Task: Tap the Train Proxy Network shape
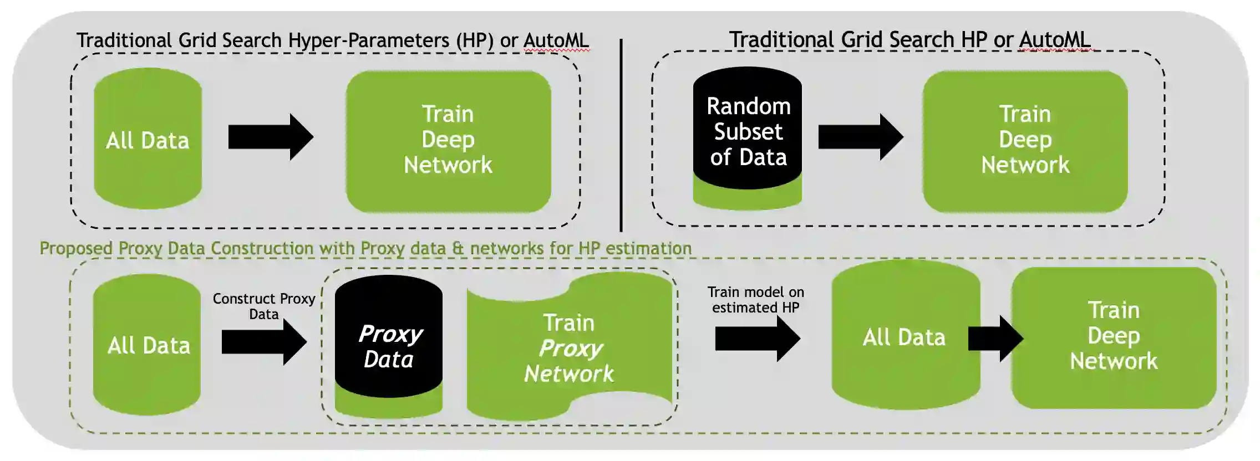tap(570, 346)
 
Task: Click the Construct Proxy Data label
tap(264, 306)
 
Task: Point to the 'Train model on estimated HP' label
tap(756, 300)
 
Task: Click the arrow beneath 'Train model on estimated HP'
tap(758, 338)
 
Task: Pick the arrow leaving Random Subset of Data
tap(861, 137)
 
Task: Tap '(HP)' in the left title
tap(475, 40)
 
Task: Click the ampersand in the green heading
tap(458, 248)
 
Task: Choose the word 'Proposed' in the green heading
tap(76, 249)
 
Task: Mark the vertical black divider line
tap(621, 135)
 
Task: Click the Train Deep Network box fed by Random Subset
tap(1025, 141)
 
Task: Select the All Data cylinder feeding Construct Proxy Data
tap(147, 345)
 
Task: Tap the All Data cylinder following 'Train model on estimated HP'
tap(906, 335)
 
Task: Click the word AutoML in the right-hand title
tap(1055, 40)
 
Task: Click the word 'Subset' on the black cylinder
tap(748, 132)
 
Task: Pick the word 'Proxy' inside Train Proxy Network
tap(571, 349)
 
